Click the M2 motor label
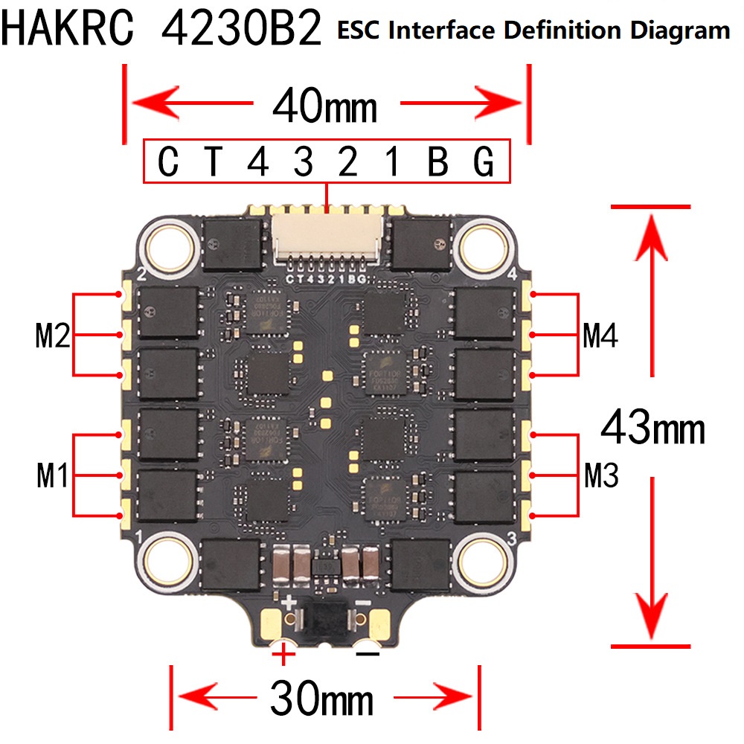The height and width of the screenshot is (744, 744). click(x=52, y=337)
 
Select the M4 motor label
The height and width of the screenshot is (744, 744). click(x=600, y=336)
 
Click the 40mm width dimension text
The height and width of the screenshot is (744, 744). click(x=325, y=107)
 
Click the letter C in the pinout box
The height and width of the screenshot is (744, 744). click(x=169, y=162)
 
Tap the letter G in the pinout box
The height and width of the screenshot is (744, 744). click(x=484, y=162)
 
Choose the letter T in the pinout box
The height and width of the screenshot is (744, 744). click(x=214, y=162)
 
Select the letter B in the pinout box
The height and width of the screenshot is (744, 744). click(x=438, y=162)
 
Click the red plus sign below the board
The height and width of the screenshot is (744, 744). click(x=283, y=655)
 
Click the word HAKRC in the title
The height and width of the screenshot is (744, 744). click(x=69, y=30)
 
